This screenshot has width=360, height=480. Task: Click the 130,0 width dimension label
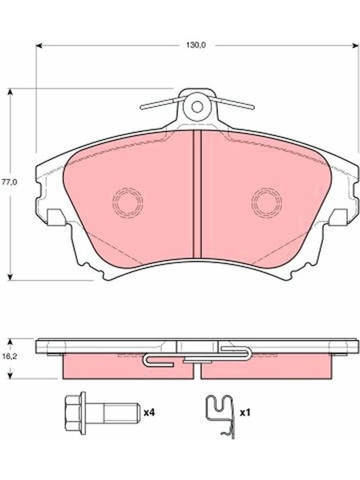(196, 45)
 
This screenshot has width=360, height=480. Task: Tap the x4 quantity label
(149, 413)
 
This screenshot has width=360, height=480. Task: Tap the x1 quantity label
(245, 413)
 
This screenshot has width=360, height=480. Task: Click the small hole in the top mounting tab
(197, 107)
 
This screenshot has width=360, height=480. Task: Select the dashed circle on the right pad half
(266, 202)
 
